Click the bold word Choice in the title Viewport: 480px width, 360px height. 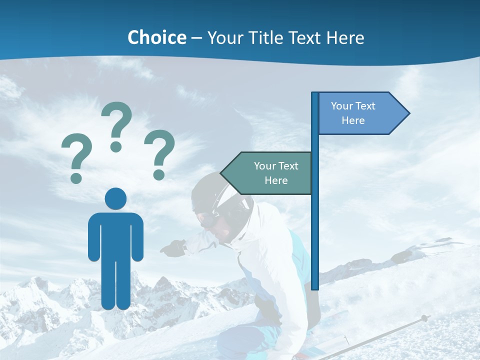[156, 37]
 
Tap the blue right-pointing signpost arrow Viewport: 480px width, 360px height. [360, 113]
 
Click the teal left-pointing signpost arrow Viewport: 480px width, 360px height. [270, 173]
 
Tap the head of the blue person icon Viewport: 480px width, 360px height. [115, 198]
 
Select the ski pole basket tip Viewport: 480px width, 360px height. [424, 317]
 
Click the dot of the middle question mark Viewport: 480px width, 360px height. [116, 146]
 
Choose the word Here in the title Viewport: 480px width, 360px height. [345, 37]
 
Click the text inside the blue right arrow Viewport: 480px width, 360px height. [353, 113]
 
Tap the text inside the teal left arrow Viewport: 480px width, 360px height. [276, 173]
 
